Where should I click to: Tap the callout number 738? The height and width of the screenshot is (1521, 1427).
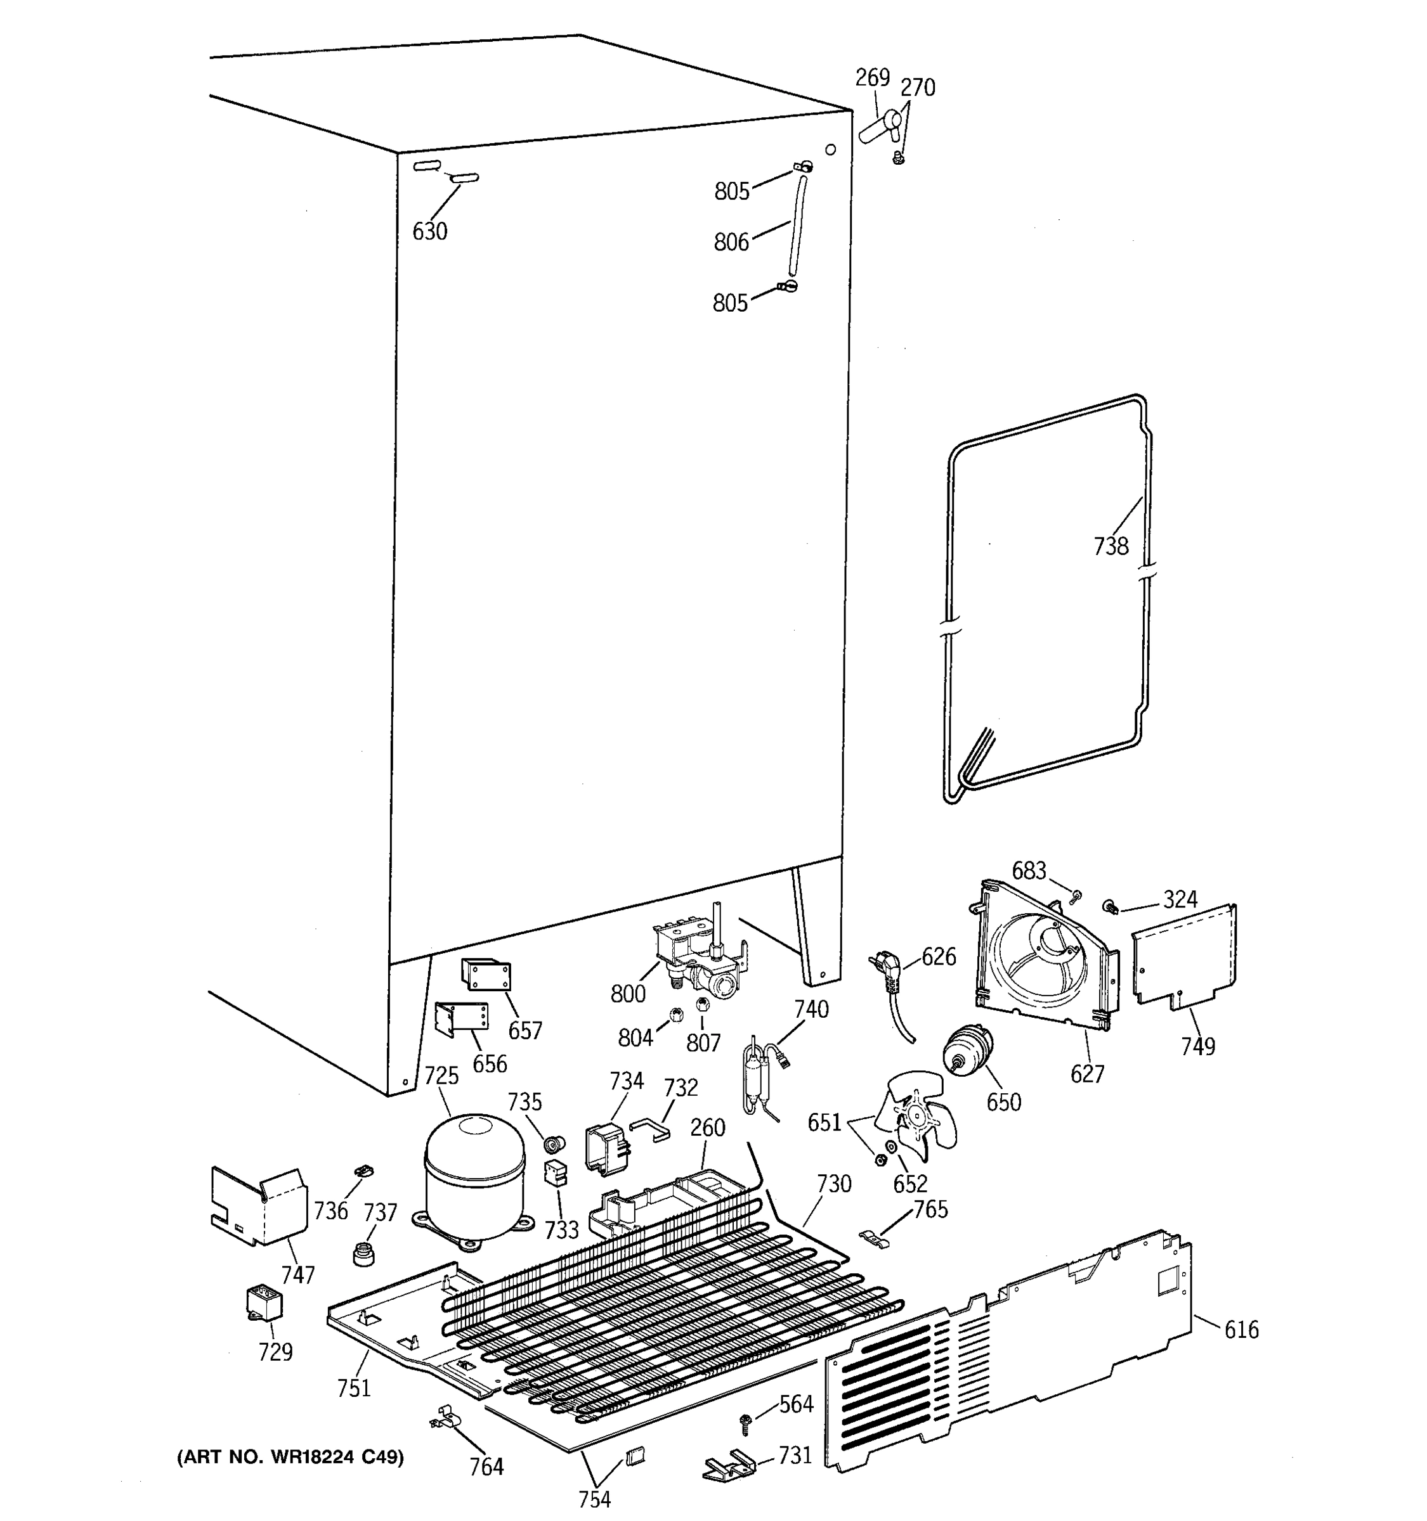1110,546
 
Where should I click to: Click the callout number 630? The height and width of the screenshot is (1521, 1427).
429,231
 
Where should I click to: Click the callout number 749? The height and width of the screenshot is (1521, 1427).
1197,1046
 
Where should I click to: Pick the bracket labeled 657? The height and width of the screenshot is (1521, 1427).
485,975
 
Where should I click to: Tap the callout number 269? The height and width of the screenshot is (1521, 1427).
872,78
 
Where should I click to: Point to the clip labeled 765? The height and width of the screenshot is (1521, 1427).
876,1237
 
